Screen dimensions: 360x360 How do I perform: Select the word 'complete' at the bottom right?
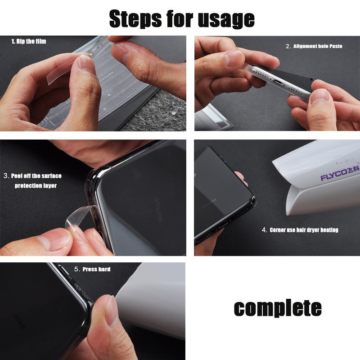pyautogui.click(x=278, y=308)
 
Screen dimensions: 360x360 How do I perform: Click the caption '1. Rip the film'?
pyautogui.click(x=29, y=41)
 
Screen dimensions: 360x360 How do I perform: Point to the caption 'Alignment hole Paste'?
pyautogui.click(x=318, y=46)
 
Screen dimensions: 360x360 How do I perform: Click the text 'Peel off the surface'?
pyautogui.click(x=36, y=176)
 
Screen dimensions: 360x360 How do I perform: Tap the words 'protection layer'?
pyautogui.click(x=36, y=185)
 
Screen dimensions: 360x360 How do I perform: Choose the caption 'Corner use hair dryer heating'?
pyautogui.click(x=304, y=230)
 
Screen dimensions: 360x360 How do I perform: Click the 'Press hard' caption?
pyautogui.click(x=96, y=269)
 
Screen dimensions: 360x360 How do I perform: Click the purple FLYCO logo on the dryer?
pyautogui.click(x=339, y=173)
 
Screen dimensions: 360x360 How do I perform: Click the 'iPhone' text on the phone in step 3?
pyautogui.click(x=158, y=210)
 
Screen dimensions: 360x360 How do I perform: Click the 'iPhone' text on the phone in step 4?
pyautogui.click(x=209, y=203)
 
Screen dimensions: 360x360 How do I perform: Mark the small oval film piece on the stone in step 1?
pyautogui.click(x=175, y=112)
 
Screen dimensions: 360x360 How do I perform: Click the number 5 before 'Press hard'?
pyautogui.click(x=76, y=269)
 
